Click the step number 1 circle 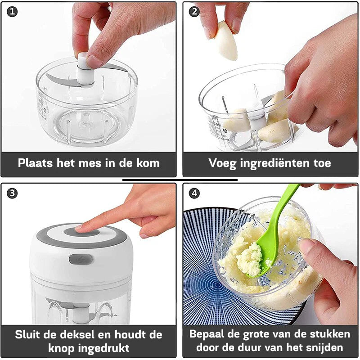click(x=12, y=12)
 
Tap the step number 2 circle click(x=194, y=12)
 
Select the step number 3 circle click(x=12, y=193)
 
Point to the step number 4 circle click(x=194, y=193)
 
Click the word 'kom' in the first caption click(x=148, y=163)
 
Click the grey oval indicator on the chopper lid click(x=81, y=260)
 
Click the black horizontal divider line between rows click(x=180, y=180)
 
